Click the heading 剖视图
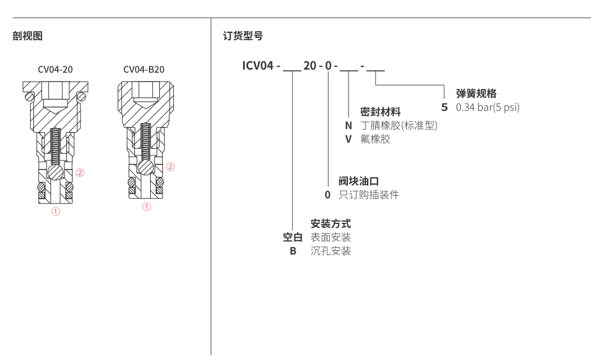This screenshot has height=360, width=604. tap(27, 36)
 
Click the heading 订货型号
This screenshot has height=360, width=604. tap(243, 36)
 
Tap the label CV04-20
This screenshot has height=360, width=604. tap(56, 70)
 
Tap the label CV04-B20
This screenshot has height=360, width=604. tap(144, 70)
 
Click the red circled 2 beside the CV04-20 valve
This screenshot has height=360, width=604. tap(80, 172)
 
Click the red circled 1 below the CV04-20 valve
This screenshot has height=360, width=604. tap(56, 211)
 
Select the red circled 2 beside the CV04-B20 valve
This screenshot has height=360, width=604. tap(170, 167)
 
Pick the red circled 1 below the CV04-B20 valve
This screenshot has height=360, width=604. tap(146, 207)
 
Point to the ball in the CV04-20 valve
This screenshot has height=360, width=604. tap(56, 172)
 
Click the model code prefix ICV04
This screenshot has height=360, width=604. tap(258, 65)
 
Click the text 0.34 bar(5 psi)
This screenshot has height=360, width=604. tap(487, 107)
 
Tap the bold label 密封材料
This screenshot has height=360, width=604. tap(380, 112)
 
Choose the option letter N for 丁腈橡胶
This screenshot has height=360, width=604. tap(348, 125)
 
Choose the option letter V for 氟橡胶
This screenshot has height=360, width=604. tap(348, 138)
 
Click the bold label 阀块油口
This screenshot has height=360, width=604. tap(359, 181)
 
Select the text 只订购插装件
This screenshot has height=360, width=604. tap(369, 194)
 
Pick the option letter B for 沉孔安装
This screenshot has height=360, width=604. tap(293, 251)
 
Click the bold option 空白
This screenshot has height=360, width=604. tap(293, 237)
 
